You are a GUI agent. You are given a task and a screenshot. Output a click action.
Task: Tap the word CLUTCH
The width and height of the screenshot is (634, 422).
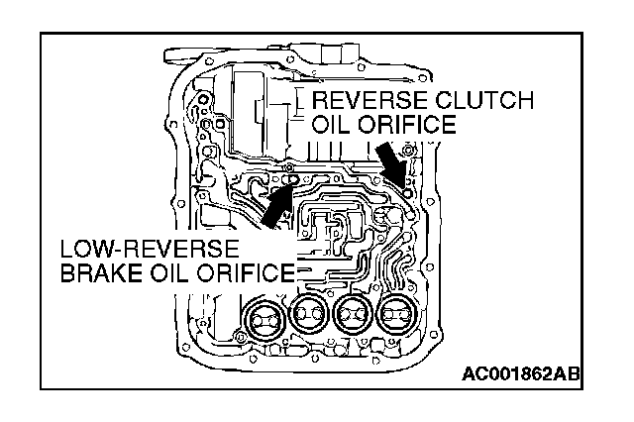coord(488,101)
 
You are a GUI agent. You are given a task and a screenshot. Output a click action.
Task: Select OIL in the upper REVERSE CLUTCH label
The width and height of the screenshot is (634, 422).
coord(333,126)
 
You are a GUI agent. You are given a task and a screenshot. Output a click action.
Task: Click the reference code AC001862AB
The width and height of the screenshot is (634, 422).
coord(520,375)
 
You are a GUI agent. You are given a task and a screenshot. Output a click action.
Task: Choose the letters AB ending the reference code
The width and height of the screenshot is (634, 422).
coord(568,375)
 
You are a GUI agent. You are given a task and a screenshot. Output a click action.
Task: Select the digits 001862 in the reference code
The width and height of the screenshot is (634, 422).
coord(520,375)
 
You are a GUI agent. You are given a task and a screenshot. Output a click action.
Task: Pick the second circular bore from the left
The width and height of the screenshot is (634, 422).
coord(306,319)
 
